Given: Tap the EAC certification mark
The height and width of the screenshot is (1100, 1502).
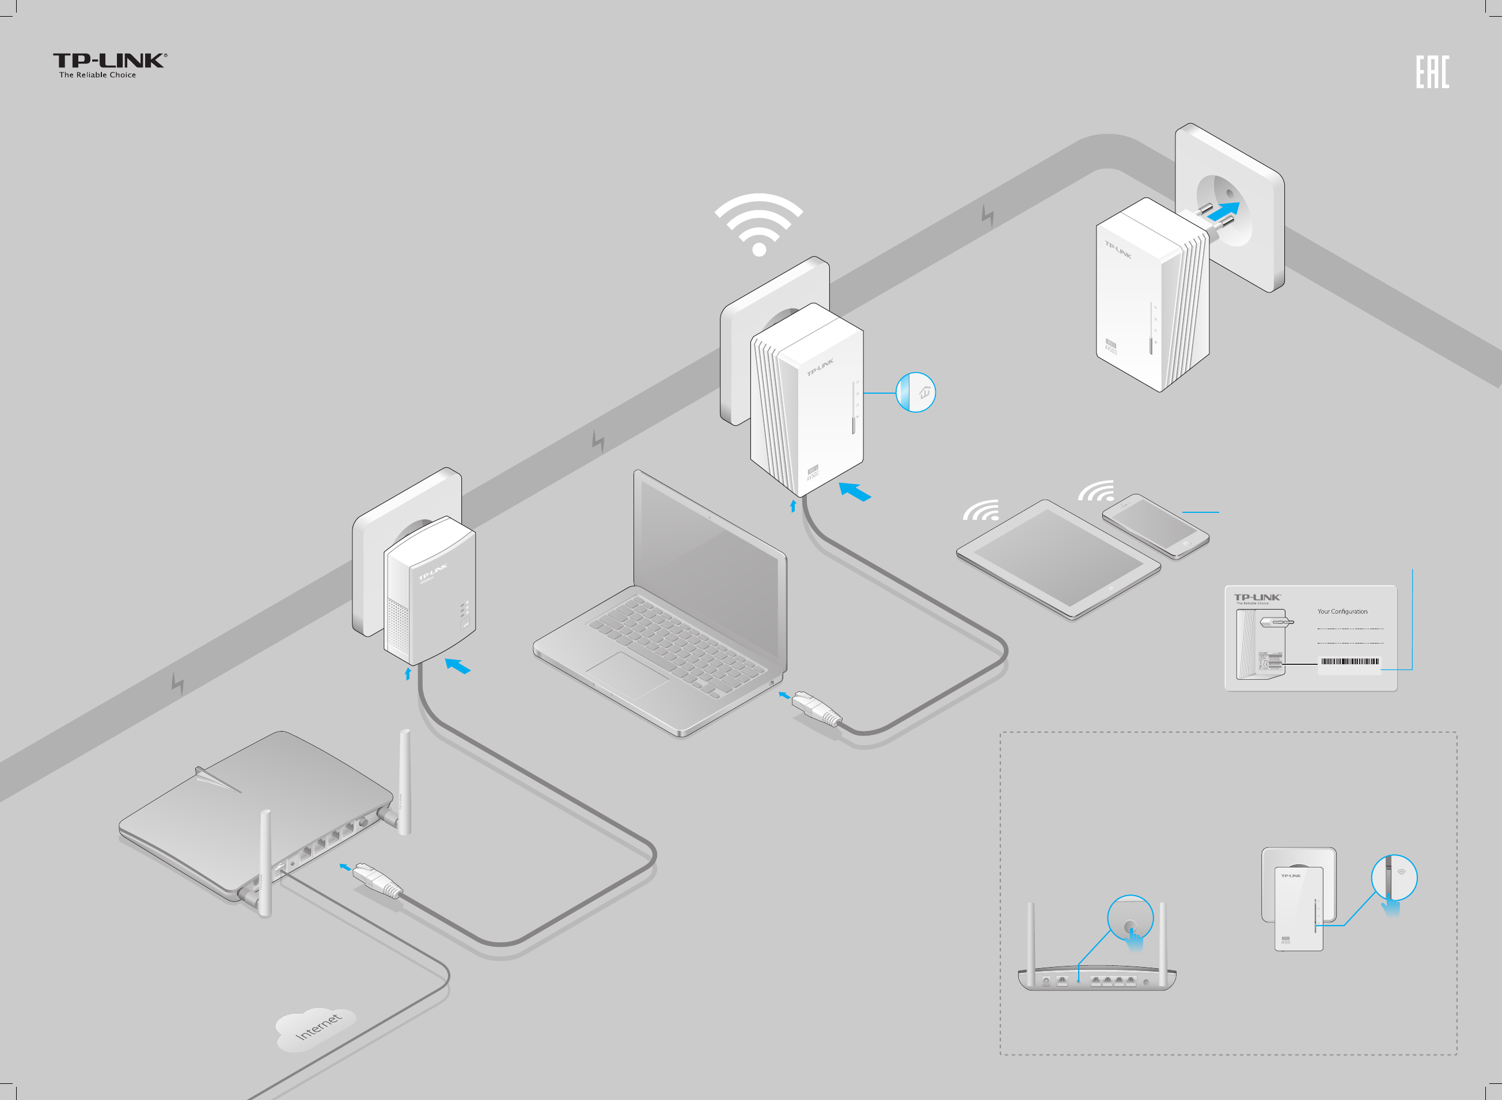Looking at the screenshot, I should tap(1432, 72).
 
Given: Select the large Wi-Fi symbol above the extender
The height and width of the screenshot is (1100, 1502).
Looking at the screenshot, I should tap(758, 223).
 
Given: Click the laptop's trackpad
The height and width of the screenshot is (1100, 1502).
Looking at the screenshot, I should tap(627, 675).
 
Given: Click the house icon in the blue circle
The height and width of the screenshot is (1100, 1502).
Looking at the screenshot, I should tap(924, 393).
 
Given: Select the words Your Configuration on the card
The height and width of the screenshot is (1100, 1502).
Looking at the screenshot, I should tap(1342, 611).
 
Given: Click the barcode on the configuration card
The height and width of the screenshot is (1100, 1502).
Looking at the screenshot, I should tap(1349, 661).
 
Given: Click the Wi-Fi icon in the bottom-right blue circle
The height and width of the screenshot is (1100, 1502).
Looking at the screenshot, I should tap(1401, 872).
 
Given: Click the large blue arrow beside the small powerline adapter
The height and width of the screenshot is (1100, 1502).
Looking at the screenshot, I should tap(458, 666).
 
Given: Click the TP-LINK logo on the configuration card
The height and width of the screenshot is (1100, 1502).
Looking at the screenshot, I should tap(1257, 597).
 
